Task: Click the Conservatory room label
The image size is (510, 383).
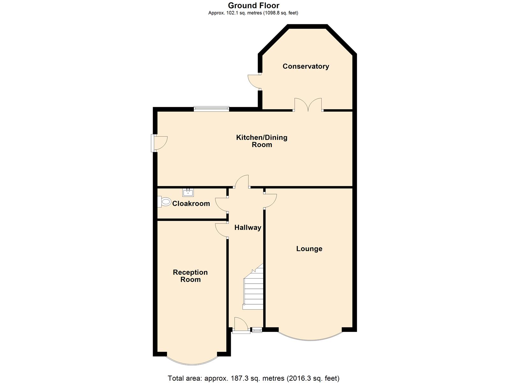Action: click(306, 66)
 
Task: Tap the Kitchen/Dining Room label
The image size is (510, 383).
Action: click(262, 141)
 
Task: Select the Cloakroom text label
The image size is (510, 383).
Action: click(191, 204)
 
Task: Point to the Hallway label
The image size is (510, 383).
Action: click(248, 228)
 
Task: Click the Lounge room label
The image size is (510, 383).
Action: click(309, 249)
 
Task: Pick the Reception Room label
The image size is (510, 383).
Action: click(190, 276)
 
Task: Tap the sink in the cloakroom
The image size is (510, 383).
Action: click(188, 192)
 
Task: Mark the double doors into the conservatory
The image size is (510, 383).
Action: click(308, 105)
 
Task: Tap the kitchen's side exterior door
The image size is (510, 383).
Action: click(160, 143)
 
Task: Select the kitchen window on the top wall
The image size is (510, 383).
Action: click(211, 109)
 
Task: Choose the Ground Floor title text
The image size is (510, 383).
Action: click(254, 5)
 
